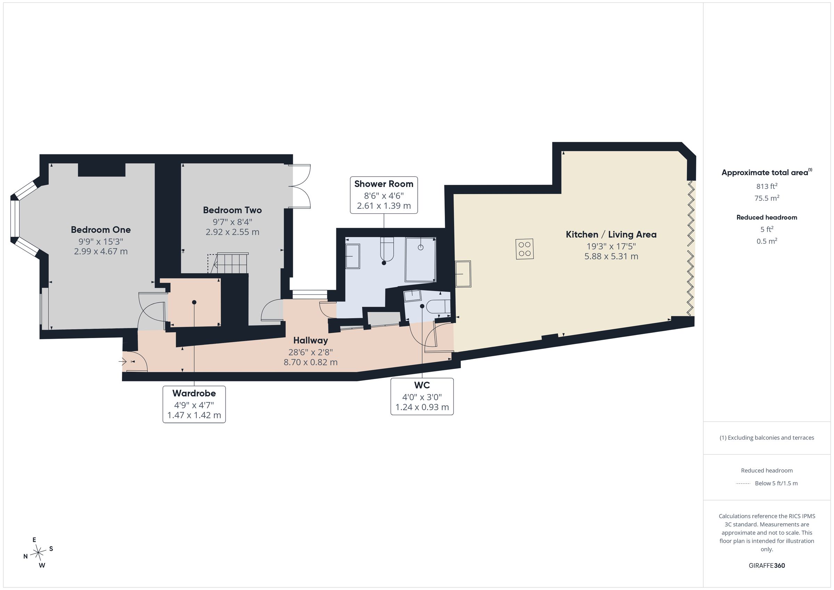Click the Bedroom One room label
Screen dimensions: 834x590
[101, 230]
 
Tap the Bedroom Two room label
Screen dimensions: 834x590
[232, 210]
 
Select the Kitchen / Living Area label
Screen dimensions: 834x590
[611, 234]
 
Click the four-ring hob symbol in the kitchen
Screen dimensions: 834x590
[524, 249]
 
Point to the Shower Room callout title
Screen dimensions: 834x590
[384, 184]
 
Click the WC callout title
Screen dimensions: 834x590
[422, 385]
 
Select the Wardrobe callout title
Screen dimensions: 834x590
[194, 393]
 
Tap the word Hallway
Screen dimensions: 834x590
[311, 341]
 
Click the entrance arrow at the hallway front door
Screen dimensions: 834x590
[122, 361]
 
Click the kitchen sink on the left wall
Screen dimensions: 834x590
[463, 274]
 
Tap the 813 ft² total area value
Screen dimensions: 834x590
[767, 186]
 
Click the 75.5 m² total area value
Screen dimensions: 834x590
[767, 198]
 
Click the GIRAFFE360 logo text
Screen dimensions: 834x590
[767, 566]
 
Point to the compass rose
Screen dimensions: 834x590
[38, 553]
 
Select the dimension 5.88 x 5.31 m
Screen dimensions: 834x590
[611, 256]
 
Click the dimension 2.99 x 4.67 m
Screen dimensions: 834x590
[101, 252]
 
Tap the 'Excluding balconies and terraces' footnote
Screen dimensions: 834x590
[767, 438]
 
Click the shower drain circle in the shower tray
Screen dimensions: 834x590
[420, 247]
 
